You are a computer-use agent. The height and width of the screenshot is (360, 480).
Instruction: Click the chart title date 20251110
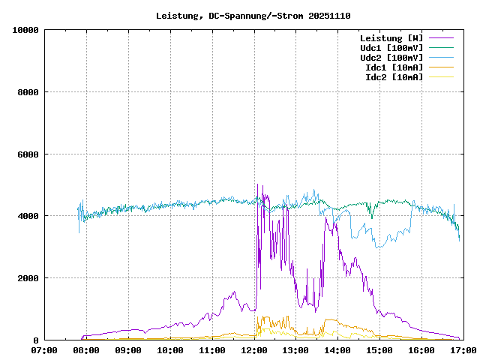tap(329, 16)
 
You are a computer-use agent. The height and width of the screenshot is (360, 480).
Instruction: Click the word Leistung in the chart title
tap(177, 16)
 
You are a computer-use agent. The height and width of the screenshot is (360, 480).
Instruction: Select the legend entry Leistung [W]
tap(391, 37)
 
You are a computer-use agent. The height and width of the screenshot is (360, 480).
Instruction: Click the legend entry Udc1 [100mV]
tap(391, 47)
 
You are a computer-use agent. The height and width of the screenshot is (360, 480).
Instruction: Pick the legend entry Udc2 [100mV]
tap(391, 57)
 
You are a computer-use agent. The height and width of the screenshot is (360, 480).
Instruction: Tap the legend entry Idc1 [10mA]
tap(394, 67)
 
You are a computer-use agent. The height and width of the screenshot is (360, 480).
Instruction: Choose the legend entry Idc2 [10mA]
tap(394, 76)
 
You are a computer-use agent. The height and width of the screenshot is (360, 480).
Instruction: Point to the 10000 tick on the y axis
tap(25, 30)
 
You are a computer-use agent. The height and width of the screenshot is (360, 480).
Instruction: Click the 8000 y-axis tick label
tap(28, 92)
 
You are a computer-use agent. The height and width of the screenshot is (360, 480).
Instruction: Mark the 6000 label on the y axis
tap(28, 154)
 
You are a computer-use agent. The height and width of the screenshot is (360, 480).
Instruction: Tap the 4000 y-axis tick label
tap(28, 216)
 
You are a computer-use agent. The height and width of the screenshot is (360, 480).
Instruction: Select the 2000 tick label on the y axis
tap(28, 278)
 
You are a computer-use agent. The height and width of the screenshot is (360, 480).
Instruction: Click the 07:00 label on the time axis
tap(45, 349)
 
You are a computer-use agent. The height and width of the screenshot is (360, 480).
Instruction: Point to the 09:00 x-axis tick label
tap(128, 349)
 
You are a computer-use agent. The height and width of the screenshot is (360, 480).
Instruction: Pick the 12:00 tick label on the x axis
tap(254, 349)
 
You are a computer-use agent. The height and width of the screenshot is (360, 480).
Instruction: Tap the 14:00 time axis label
tap(337, 349)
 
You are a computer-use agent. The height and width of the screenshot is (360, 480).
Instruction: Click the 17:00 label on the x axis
tap(463, 349)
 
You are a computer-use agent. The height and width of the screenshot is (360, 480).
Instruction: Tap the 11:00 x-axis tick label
tap(212, 349)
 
